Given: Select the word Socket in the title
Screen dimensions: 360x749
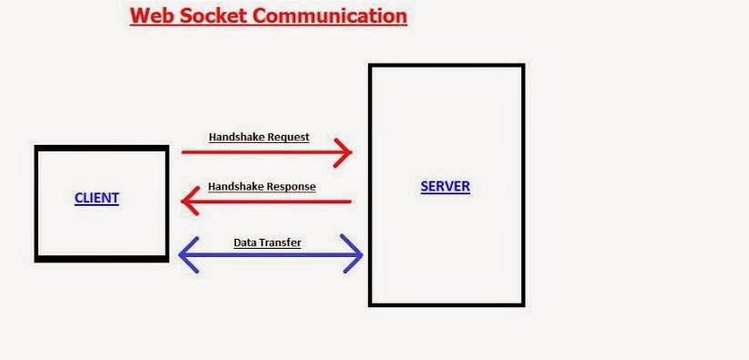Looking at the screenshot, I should [x=212, y=16].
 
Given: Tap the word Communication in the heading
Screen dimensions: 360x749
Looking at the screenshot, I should [x=333, y=16].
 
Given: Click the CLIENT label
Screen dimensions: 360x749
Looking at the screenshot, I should [x=97, y=198].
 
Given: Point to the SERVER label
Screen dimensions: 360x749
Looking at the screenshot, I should [x=445, y=187].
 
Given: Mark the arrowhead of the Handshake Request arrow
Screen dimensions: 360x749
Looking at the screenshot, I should [x=346, y=153].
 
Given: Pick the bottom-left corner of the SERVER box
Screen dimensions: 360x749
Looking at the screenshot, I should [x=371, y=303].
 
